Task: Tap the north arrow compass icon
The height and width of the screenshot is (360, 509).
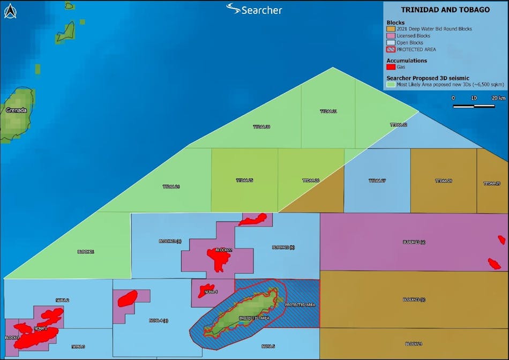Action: click(10, 10)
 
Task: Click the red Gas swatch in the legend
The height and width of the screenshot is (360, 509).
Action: click(391, 67)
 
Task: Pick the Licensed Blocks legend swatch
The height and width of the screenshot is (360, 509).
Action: click(391, 35)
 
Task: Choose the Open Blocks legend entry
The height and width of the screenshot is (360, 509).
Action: click(410, 42)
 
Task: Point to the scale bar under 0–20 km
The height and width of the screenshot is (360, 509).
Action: click(474, 106)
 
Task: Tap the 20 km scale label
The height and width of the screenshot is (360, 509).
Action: click(498, 98)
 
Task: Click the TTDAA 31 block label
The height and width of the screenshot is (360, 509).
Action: click(328, 111)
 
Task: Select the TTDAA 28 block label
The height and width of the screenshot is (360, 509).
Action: click(443, 181)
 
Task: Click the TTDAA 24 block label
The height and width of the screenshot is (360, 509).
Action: click(171, 186)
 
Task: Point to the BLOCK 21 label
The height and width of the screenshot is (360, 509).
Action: click(86, 251)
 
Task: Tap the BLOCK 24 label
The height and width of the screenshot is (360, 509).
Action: click(414, 343)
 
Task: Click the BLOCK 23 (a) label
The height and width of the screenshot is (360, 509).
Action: click(414, 242)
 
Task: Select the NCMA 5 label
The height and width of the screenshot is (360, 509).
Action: click(268, 346)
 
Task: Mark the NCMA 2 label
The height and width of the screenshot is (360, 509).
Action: click(62, 300)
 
